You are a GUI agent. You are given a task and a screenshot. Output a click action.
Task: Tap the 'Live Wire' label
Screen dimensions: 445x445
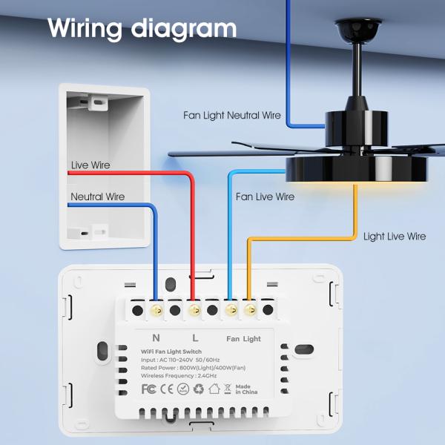pos(90,165)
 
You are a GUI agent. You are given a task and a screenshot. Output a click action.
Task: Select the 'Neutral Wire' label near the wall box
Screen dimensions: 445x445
pos(98,197)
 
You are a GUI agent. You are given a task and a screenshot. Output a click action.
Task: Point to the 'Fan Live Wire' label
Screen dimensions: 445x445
pos(265,197)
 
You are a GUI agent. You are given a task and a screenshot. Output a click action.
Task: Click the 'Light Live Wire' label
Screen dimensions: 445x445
pos(395,237)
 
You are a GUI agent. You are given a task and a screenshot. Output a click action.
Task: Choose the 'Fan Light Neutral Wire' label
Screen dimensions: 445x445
pos(232,115)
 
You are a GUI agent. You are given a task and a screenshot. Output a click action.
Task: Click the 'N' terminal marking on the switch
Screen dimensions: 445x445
pos(156,338)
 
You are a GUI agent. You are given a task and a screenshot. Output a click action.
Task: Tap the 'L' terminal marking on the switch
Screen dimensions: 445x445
pos(194,338)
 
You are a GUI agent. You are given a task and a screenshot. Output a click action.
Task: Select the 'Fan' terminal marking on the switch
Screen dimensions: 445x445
pos(232,339)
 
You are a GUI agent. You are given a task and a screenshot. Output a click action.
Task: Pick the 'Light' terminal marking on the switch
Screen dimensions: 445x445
pos(252,339)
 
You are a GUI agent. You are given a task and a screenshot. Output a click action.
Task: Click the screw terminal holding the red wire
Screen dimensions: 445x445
pos(194,306)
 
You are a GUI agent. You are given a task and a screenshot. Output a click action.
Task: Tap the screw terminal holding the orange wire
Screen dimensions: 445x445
pos(249,306)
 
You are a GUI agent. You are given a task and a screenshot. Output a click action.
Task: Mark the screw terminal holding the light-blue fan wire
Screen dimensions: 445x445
pos(231,306)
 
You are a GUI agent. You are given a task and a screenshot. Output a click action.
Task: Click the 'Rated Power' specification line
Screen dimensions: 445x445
pos(189,367)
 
